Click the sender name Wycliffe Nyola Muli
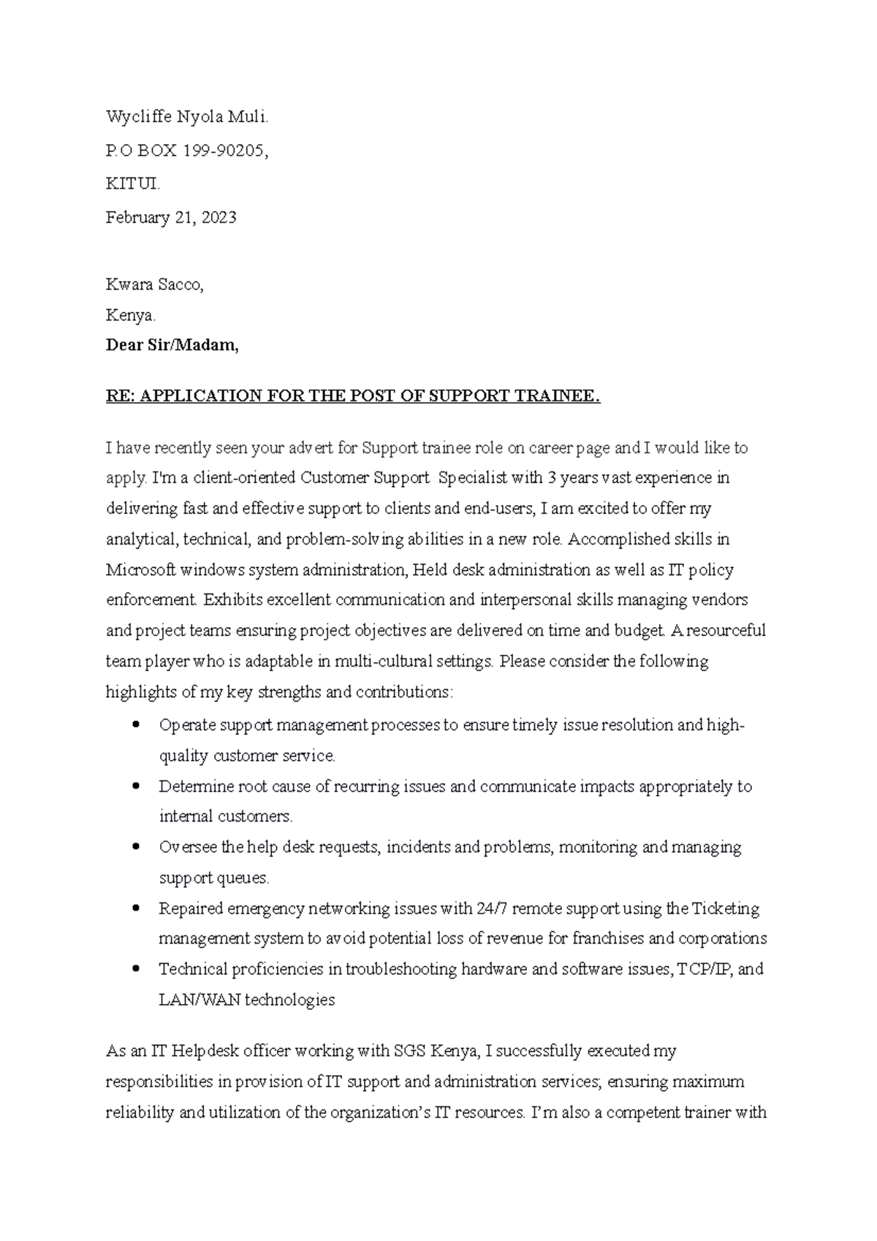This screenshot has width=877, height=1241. click(x=187, y=117)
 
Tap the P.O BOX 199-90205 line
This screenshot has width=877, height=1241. click(x=187, y=151)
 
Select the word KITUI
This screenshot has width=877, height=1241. click(x=132, y=184)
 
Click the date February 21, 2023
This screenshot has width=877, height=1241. click(x=171, y=218)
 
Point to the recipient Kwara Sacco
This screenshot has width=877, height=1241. click(x=154, y=285)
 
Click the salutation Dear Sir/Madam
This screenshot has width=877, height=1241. click(x=172, y=346)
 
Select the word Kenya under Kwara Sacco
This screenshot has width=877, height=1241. click(x=131, y=316)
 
